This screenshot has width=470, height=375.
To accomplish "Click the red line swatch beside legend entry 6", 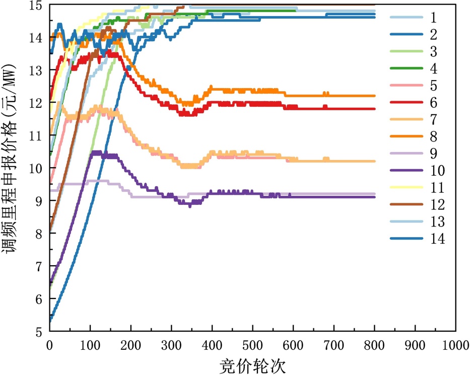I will [406, 103].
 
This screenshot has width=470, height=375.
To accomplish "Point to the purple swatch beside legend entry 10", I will [406, 171].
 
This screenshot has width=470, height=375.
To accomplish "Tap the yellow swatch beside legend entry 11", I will [406, 188].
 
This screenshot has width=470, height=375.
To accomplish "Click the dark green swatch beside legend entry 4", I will [406, 68].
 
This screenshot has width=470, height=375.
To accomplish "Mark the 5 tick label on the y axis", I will [39, 331].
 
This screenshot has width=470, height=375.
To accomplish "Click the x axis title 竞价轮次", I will [252, 365].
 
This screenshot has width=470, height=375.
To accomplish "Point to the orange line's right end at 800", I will [375, 96].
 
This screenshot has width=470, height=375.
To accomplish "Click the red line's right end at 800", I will [375, 109].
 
